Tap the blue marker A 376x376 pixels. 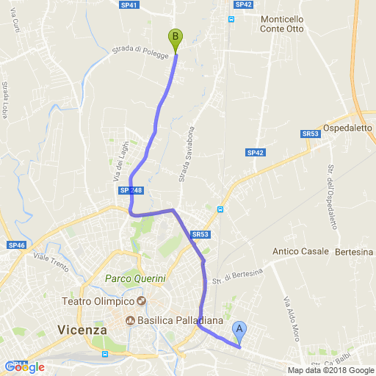[239, 330]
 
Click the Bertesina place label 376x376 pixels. [354, 252]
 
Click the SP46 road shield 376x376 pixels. [16, 245]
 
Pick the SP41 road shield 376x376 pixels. [129, 4]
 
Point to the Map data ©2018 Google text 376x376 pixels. [330, 370]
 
